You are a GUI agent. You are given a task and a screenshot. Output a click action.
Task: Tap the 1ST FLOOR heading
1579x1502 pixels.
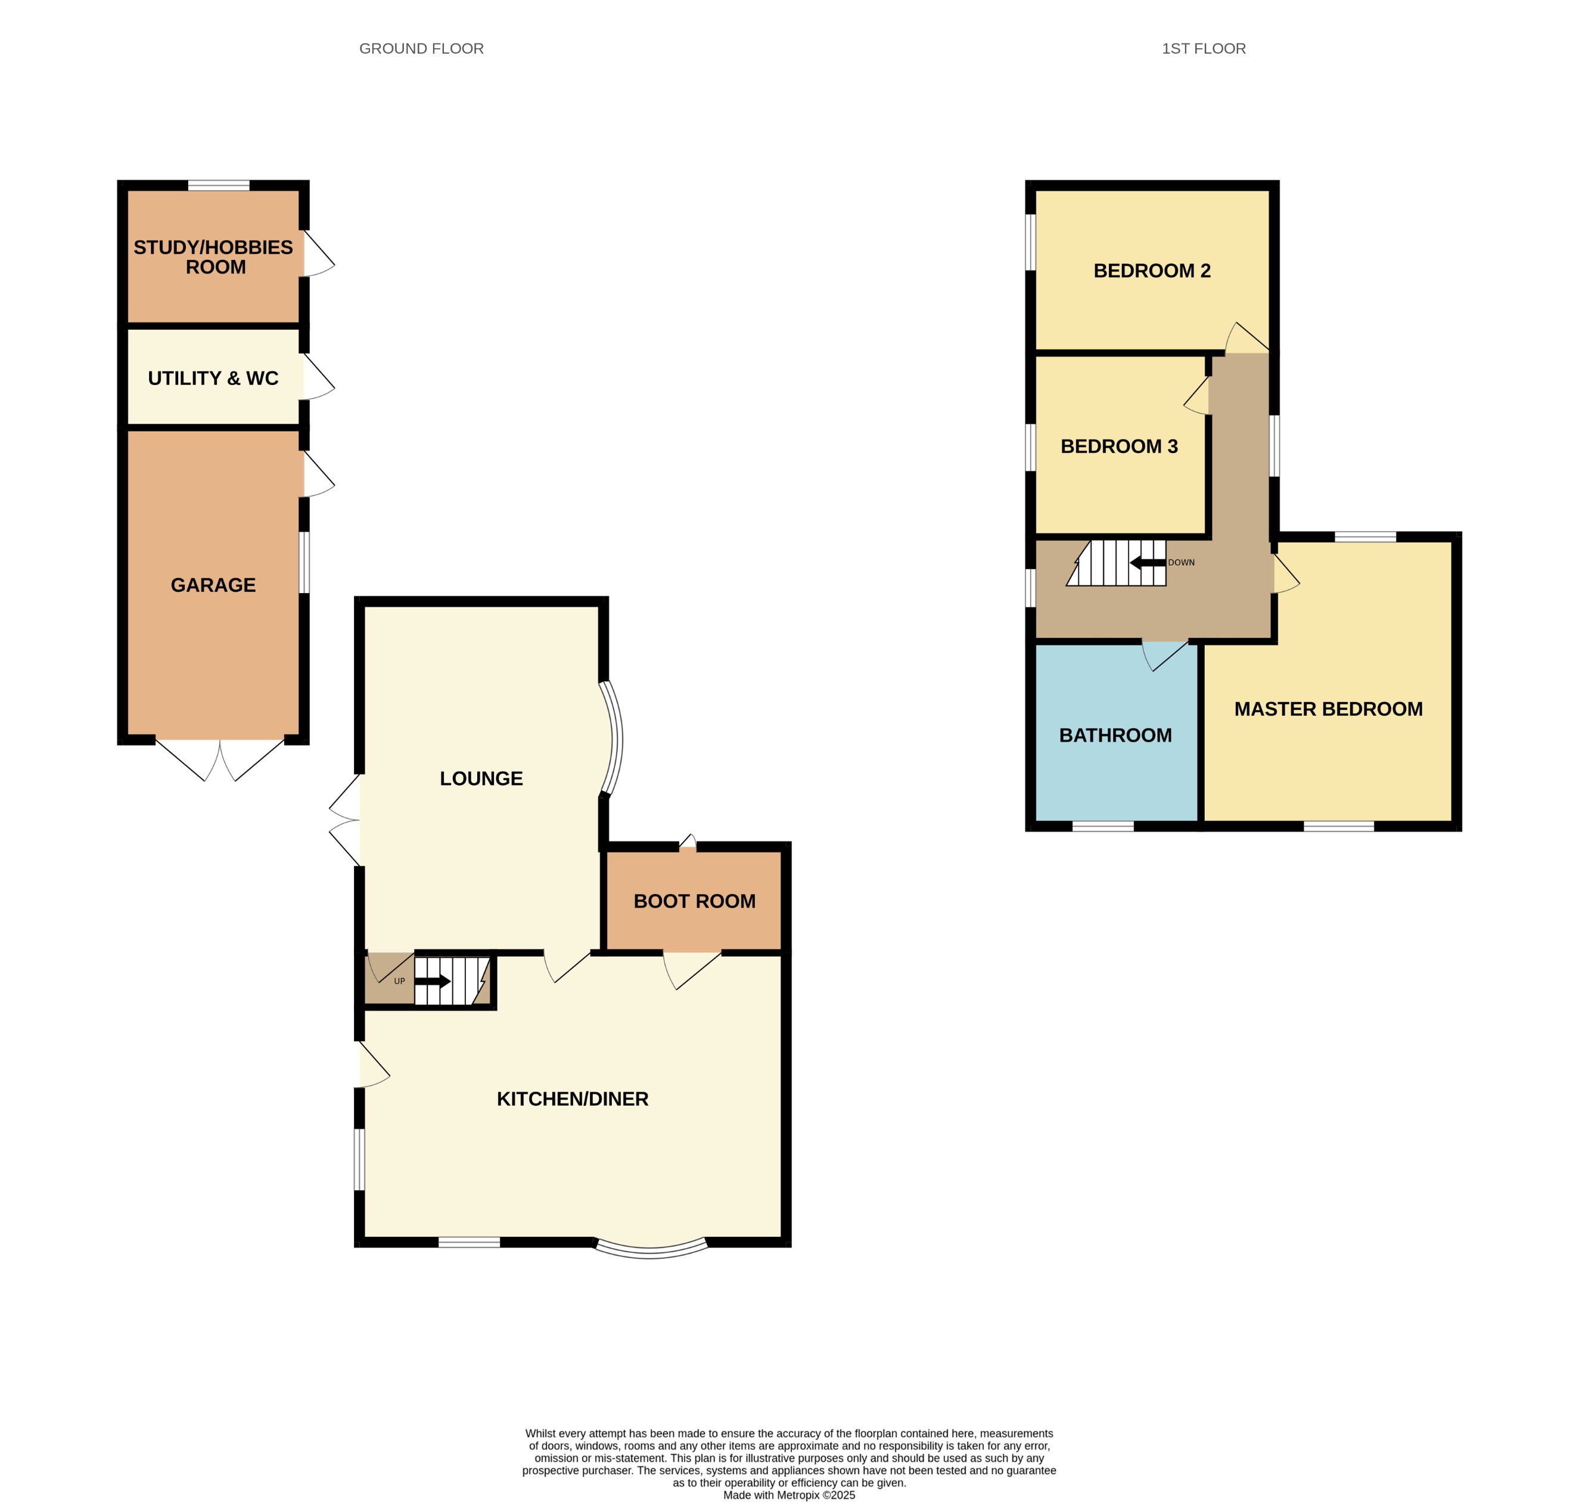point(1203,49)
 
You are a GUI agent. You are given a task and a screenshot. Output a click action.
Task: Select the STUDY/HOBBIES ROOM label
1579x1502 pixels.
point(214,257)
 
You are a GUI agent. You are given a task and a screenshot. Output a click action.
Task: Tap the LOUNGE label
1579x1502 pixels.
point(481,778)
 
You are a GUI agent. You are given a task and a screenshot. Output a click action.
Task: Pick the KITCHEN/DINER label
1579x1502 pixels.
point(572,1098)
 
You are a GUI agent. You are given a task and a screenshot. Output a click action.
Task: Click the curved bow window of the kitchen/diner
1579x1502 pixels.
point(650,1250)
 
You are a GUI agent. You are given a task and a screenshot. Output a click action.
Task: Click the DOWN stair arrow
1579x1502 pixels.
point(1147,563)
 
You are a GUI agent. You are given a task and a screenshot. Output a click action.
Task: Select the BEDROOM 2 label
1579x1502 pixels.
point(1152,271)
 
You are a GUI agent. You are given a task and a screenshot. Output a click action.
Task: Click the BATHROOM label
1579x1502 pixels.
point(1115,735)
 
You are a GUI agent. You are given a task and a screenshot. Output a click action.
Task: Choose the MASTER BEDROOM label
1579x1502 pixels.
point(1328,709)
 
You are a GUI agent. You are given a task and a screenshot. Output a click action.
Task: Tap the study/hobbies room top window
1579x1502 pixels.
point(219,186)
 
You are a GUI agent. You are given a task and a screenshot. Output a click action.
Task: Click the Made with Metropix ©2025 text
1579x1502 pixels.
point(788,1494)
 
